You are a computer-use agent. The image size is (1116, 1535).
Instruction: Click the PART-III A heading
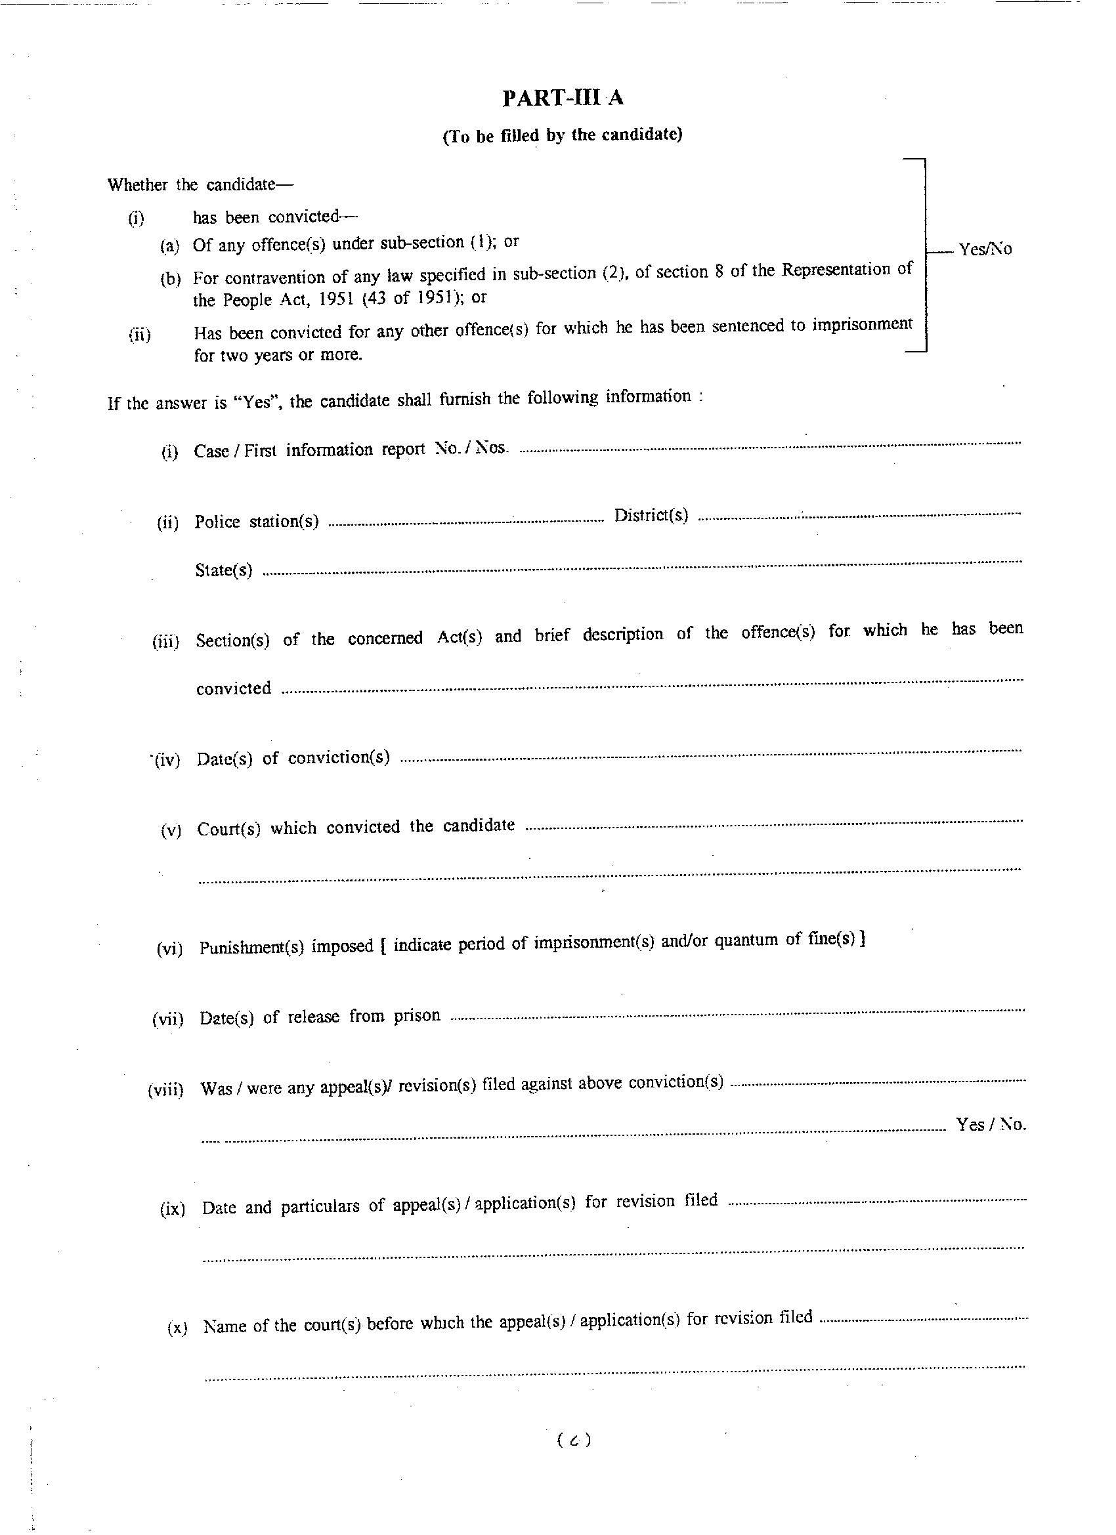point(563,99)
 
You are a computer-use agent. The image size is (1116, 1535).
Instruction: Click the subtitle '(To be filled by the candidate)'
point(562,135)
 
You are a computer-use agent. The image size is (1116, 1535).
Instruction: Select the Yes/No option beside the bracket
point(985,249)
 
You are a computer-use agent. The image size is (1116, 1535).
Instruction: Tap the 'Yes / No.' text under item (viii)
point(991,1124)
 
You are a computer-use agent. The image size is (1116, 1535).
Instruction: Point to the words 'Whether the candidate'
point(190,185)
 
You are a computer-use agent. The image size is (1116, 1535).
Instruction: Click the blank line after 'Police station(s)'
point(466,520)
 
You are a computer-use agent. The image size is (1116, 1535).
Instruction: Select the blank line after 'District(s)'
point(859,516)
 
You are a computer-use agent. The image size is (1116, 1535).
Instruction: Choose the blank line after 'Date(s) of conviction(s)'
point(711,755)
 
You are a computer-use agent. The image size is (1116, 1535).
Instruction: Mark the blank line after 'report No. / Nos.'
point(769,446)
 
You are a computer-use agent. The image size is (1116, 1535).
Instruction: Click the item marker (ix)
point(173,1209)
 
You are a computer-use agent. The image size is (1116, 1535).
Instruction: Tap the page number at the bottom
point(574,1440)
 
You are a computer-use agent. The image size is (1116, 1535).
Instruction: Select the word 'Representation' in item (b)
point(836,269)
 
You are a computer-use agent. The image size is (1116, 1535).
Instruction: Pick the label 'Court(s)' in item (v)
point(229,829)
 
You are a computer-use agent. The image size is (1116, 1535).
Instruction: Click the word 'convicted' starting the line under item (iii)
point(234,688)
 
